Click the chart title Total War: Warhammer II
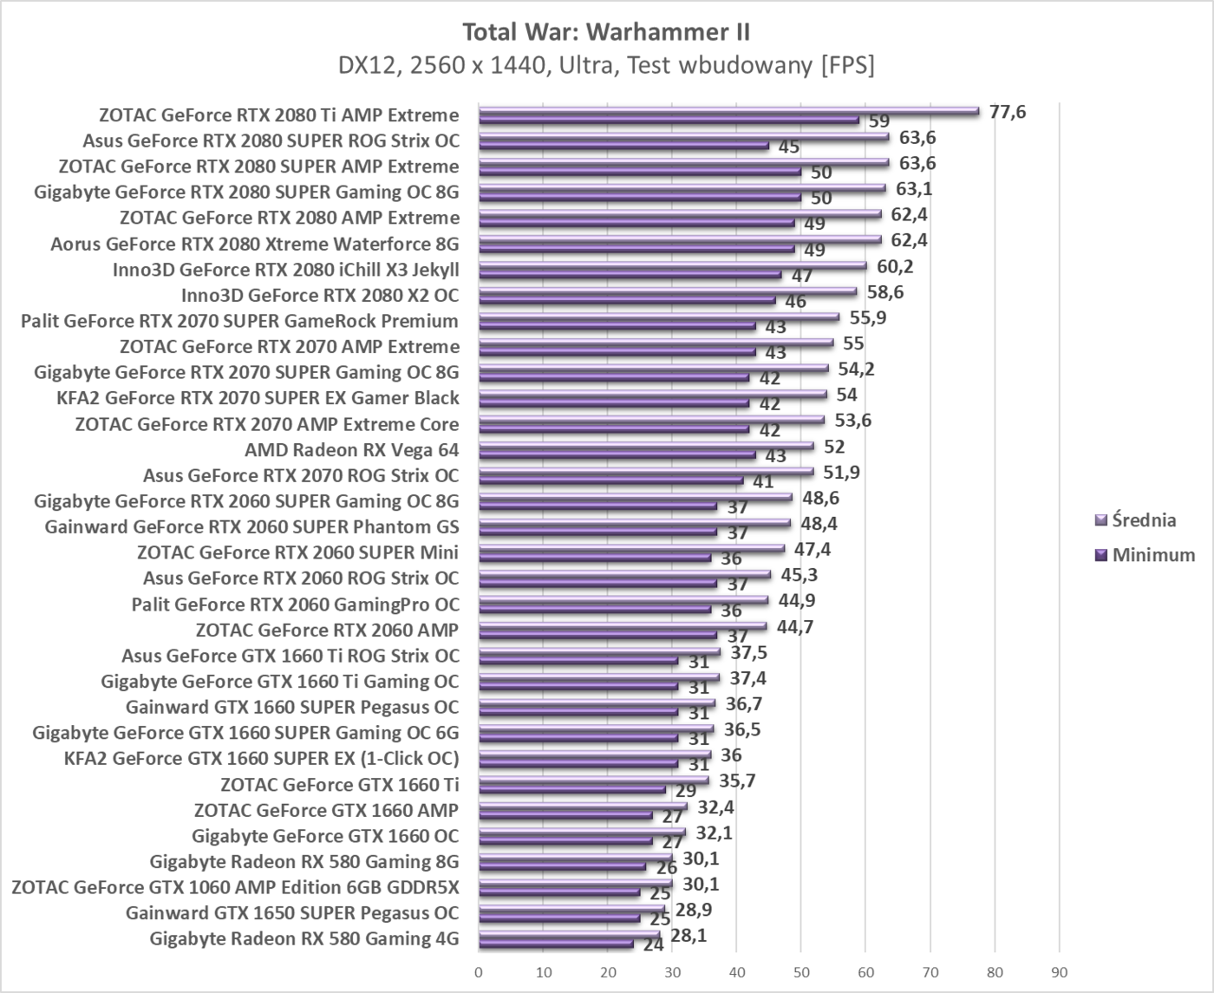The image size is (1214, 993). point(606,32)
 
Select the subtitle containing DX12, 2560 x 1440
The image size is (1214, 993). point(606,66)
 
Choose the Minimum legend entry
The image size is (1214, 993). point(1145,555)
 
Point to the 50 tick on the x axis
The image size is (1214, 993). point(800,972)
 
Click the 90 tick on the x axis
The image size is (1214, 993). point(1059,972)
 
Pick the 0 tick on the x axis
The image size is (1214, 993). point(479,972)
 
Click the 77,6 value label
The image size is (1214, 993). point(1007,112)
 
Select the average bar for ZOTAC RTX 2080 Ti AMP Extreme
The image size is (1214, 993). point(728,111)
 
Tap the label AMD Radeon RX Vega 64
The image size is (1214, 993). point(351,450)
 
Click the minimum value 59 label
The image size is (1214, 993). point(879,121)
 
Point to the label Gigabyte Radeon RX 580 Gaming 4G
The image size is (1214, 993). point(303,938)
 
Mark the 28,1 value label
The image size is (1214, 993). point(689,934)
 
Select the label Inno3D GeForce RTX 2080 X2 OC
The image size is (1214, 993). point(320,296)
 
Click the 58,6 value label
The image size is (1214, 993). point(884,292)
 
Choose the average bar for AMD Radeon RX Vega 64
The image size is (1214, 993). point(646,446)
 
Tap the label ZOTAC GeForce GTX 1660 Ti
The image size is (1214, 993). point(339,785)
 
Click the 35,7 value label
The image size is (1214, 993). point(737,781)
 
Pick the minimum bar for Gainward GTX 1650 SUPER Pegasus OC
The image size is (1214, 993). point(559,918)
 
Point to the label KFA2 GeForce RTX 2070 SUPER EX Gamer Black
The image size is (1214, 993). point(258,398)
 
